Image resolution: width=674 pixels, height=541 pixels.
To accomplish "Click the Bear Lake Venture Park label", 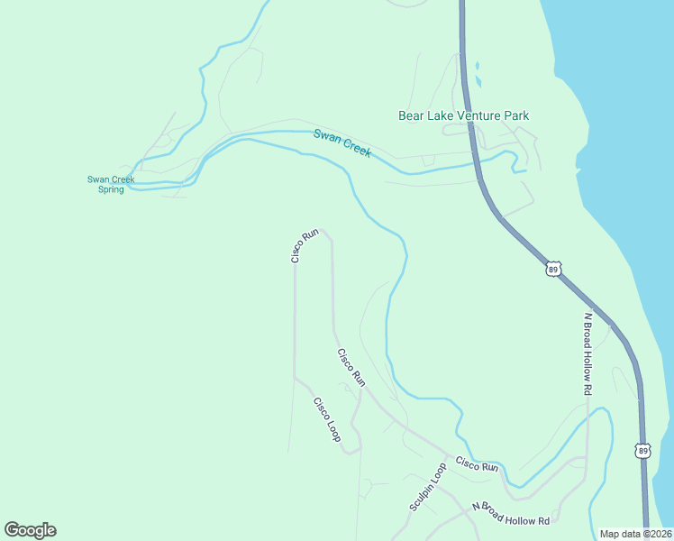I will coord(463,115).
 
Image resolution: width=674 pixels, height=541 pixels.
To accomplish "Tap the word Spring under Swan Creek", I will coord(111,189).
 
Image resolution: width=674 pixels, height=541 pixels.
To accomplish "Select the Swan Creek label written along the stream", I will coord(342,144).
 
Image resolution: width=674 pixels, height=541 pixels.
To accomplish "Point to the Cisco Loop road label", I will coord(326,419).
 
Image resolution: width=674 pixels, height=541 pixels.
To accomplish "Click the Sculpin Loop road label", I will coord(428,488).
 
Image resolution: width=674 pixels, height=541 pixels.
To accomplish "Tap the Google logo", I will coord(30,530).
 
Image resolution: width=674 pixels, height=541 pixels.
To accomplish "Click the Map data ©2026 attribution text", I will coord(635,534).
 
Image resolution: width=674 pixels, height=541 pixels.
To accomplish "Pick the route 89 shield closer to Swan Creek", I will coord(553,269).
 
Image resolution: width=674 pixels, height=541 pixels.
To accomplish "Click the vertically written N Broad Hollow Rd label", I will coord(587,353).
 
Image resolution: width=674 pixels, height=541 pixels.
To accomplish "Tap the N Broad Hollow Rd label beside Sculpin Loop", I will coord(511,515).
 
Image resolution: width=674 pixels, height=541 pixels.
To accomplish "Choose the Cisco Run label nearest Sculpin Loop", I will coord(477,465).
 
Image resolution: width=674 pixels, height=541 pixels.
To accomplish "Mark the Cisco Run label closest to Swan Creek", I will coord(305,246).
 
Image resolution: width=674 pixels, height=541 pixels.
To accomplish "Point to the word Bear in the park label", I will coord(410,115).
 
